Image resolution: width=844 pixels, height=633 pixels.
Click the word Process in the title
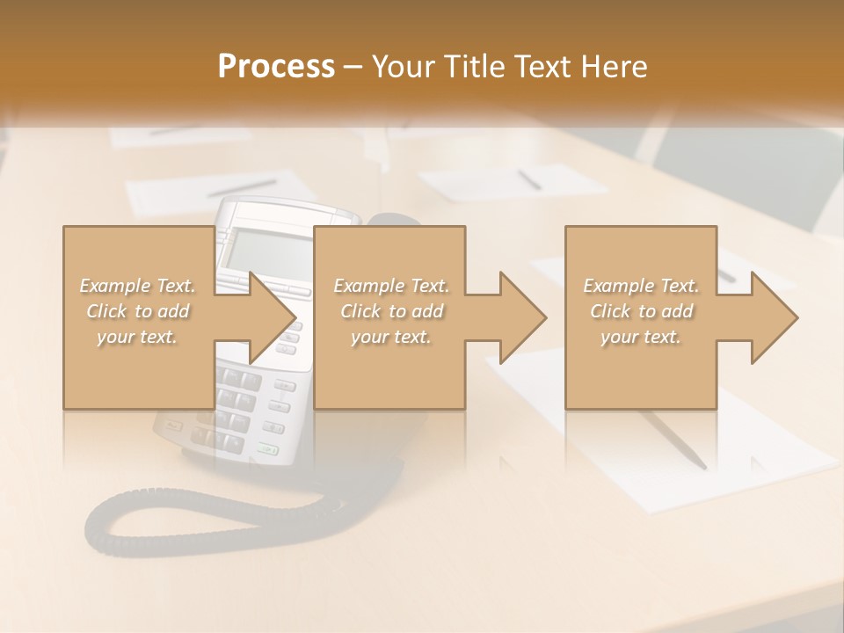tap(276, 67)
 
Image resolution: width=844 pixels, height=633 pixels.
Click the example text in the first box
tap(138, 310)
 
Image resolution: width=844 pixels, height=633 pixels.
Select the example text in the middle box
tap(391, 310)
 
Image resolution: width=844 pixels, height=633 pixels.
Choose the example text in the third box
tap(641, 310)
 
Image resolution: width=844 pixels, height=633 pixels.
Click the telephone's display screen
tap(264, 250)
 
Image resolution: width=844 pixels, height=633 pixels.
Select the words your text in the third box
tap(641, 337)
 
